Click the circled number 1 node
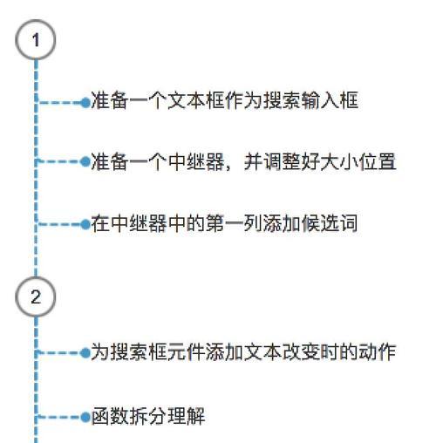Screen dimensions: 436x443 pyautogui.click(x=36, y=40)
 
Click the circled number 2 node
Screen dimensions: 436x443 pyautogui.click(x=36, y=296)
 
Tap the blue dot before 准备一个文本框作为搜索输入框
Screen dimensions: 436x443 pyautogui.click(x=85, y=102)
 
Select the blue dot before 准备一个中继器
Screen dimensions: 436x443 pyautogui.click(x=85, y=161)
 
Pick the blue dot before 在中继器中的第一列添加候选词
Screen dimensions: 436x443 pyautogui.click(x=85, y=224)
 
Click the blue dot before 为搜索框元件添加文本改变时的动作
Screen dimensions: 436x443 pyautogui.click(x=85, y=353)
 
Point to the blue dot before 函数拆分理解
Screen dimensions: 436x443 pyautogui.click(x=85, y=418)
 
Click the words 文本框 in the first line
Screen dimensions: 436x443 pyautogui.click(x=196, y=100)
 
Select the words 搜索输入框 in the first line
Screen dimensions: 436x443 pyautogui.click(x=311, y=100)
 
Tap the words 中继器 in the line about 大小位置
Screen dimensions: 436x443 pyautogui.click(x=196, y=161)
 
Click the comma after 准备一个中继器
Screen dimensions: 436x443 pyautogui.click(x=228, y=167)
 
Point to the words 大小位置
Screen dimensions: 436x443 pyautogui.click(x=358, y=161)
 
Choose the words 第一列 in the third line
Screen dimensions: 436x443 pyautogui.click(x=234, y=224)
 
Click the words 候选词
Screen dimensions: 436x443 pyautogui.click(x=330, y=224)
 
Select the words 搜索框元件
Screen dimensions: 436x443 pyautogui.click(x=158, y=352)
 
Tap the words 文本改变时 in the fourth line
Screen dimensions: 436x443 pyautogui.click(x=291, y=352)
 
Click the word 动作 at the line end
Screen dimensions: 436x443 pyautogui.click(x=378, y=352)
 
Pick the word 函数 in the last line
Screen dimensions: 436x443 pyautogui.click(x=110, y=417)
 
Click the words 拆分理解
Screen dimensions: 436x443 pyautogui.click(x=167, y=417)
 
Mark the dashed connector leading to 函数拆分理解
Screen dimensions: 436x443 pyautogui.click(x=59, y=418)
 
